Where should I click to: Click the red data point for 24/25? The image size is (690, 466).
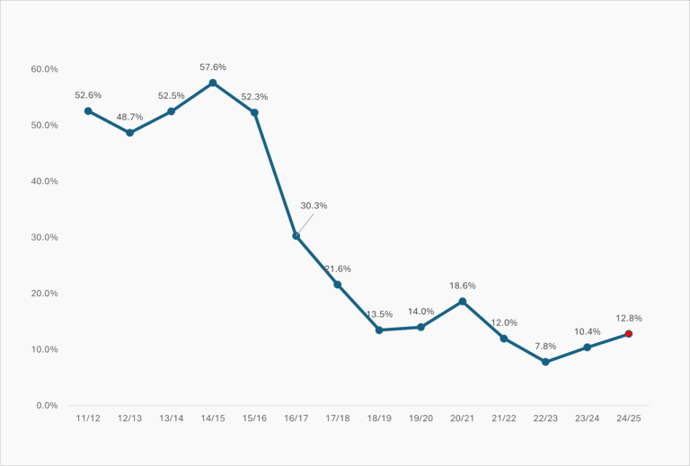click(629, 334)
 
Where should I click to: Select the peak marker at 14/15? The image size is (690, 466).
click(213, 83)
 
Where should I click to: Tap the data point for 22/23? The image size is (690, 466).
click(545, 362)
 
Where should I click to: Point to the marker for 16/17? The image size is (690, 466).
click(296, 236)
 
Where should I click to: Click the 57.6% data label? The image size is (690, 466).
click(213, 67)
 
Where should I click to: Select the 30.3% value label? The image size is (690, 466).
click(314, 206)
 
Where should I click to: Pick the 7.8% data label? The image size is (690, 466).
click(545, 346)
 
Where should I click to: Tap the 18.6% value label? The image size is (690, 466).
click(463, 286)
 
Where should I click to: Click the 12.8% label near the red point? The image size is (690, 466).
click(629, 318)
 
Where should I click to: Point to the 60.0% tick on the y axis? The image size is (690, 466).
click(44, 69)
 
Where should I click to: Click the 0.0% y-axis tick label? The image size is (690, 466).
click(47, 406)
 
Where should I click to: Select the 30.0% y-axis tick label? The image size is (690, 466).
click(44, 238)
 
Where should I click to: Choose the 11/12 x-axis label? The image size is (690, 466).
click(88, 418)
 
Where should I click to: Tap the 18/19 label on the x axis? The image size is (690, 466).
click(379, 418)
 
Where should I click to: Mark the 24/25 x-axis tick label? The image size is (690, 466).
click(629, 418)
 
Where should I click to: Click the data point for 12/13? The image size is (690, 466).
click(129, 133)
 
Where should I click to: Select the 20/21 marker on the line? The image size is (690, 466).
click(463, 302)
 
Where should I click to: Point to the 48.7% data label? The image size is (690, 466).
click(129, 117)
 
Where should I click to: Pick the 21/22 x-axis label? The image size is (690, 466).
click(504, 418)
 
